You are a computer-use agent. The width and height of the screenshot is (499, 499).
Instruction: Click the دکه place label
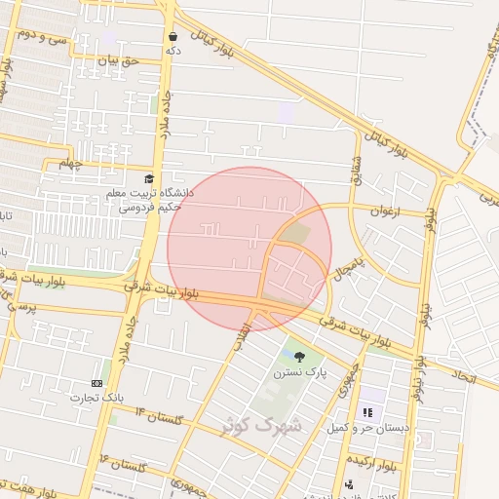click(x=173, y=50)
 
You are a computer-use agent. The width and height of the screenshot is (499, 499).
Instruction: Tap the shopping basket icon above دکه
click(x=173, y=36)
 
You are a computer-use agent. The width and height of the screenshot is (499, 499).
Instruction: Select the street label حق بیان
click(x=125, y=61)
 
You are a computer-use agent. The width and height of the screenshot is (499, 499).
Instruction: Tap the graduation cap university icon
click(x=148, y=179)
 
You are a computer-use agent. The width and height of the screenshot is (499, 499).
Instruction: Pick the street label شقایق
click(x=356, y=170)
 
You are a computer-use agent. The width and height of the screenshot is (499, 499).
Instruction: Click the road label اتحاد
click(x=464, y=375)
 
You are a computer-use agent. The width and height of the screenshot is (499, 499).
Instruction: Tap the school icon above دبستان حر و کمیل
click(x=367, y=413)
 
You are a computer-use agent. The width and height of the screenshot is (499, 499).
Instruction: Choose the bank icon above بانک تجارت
click(x=96, y=384)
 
